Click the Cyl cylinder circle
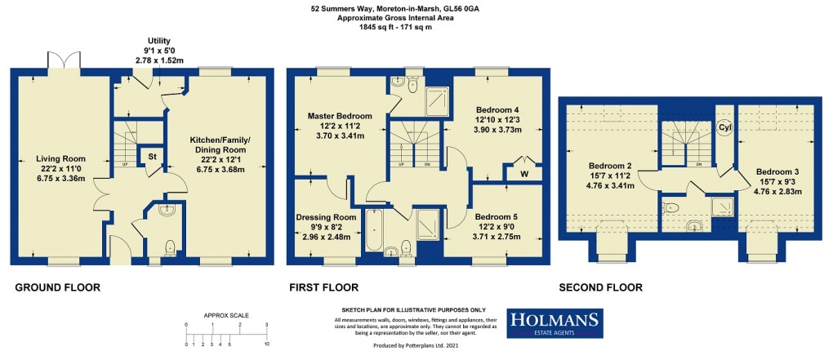pyautogui.click(x=724, y=128)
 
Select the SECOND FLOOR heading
pyautogui.click(x=600, y=287)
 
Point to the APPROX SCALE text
pyautogui.click(x=226, y=315)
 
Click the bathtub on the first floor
pyautogui.click(x=374, y=231)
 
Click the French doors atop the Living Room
pyautogui.click(x=63, y=62)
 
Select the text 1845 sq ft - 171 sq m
pyautogui.click(x=382, y=28)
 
